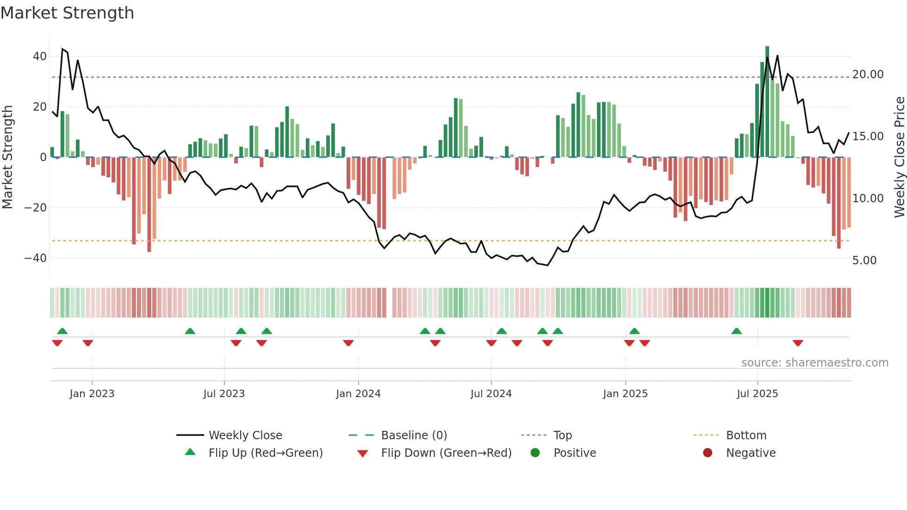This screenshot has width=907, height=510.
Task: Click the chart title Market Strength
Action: pyautogui.click(x=67, y=13)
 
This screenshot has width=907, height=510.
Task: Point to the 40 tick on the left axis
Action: pyautogui.click(x=39, y=56)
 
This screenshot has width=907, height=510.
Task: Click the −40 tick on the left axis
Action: pyautogui.click(x=36, y=258)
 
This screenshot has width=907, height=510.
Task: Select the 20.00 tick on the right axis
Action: pyautogui.click(x=868, y=75)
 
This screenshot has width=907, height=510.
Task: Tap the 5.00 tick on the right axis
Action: pyautogui.click(x=864, y=261)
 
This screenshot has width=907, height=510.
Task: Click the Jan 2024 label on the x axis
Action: pyautogui.click(x=358, y=394)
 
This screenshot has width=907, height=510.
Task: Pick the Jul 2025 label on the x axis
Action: pyautogui.click(x=757, y=394)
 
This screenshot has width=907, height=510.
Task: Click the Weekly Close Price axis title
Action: pyautogui.click(x=899, y=157)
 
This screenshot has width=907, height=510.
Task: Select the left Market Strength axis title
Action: pyautogui.click(x=7, y=157)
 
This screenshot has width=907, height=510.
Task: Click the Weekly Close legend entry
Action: pyautogui.click(x=245, y=435)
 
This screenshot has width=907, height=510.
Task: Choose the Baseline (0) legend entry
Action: pyautogui.click(x=414, y=435)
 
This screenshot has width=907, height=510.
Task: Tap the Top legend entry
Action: pyautogui.click(x=562, y=435)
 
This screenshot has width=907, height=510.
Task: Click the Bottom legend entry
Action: pyautogui.click(x=746, y=435)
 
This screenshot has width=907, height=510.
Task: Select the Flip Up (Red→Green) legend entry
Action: pyautogui.click(x=265, y=453)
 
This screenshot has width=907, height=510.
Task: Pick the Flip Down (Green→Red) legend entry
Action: pyautogui.click(x=446, y=453)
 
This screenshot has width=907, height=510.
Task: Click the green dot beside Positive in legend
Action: pyautogui.click(x=535, y=453)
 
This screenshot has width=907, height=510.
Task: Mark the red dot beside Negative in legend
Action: pyautogui.click(x=708, y=453)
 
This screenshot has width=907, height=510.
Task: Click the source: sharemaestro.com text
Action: pyautogui.click(x=814, y=363)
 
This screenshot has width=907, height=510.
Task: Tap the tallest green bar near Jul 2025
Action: pyautogui.click(x=767, y=102)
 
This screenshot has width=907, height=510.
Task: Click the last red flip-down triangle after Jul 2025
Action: pyautogui.click(x=798, y=343)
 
